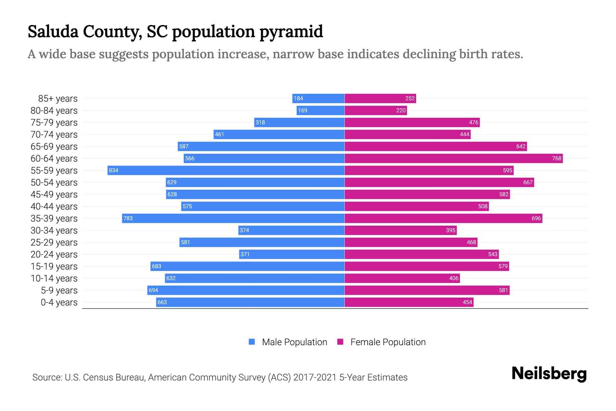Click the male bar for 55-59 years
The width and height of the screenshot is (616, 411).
[226, 170]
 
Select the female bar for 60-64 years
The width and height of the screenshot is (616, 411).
[453, 158]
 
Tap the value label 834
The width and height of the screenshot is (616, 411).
[114, 170]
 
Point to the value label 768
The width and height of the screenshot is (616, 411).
[556, 158]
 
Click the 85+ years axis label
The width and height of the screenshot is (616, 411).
[58, 99]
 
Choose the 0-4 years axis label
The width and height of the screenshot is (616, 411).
[59, 302]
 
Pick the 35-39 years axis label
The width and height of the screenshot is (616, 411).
[54, 219]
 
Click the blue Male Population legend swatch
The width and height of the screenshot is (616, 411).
[252, 342]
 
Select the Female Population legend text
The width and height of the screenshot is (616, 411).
[388, 342]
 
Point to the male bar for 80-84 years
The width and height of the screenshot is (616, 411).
[320, 110]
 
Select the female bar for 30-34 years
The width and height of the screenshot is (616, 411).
[400, 230]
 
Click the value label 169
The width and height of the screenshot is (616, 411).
[303, 110]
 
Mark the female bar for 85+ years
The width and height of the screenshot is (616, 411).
[380, 98]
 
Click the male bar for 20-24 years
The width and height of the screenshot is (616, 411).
[292, 254]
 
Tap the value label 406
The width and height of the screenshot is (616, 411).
[453, 278]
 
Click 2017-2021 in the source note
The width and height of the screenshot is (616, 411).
[315, 377]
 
